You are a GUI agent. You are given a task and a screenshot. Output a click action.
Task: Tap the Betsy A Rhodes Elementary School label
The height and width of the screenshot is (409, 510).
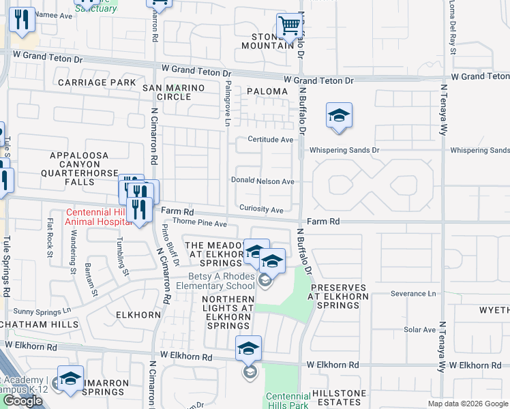pos(222,281)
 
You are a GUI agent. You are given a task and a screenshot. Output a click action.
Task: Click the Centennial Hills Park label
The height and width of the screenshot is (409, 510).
pos(288,400)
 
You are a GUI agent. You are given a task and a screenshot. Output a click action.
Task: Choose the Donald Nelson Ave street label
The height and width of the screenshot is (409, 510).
pos(262,182)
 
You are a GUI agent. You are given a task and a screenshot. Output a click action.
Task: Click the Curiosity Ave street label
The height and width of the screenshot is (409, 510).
pos(261,210)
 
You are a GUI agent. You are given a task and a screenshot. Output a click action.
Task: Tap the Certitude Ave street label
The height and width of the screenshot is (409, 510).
pos(265,140)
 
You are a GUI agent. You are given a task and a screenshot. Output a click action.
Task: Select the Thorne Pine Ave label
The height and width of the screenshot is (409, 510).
pos(199,224)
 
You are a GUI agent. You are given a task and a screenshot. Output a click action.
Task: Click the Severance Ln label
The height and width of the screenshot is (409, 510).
pos(413,294)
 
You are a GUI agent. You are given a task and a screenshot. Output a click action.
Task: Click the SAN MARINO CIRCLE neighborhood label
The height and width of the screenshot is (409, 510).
pos(166,93)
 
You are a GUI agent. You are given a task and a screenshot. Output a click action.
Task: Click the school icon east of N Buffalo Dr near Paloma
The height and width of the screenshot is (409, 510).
pos(338,116)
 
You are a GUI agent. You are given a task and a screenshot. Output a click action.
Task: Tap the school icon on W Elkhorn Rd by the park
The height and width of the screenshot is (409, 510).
pos(249,350)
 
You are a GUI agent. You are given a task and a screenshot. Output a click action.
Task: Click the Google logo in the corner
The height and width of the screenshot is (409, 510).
pos(22,401)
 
